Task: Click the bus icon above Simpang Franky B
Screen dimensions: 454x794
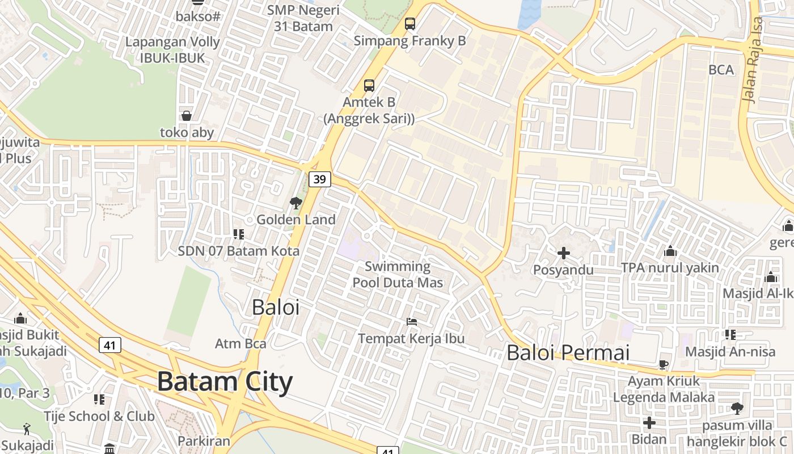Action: click(410, 24)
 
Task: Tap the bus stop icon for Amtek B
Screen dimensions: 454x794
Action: click(369, 86)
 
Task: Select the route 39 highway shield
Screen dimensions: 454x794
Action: click(320, 179)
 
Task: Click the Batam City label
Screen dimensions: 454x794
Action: click(225, 381)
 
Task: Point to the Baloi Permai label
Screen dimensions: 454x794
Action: click(568, 353)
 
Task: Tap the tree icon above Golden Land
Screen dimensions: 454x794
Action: click(295, 203)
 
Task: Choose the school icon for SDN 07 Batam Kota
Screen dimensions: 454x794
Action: click(239, 234)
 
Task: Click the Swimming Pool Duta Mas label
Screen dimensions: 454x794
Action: click(398, 274)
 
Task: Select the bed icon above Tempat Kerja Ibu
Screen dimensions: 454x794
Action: click(412, 322)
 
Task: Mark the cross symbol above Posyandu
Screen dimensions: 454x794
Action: click(563, 253)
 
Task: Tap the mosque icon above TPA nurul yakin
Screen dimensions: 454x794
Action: click(670, 251)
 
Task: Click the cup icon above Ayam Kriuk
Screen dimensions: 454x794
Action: click(664, 364)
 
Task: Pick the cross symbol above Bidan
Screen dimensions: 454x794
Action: click(649, 423)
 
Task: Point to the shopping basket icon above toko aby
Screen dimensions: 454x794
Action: click(187, 116)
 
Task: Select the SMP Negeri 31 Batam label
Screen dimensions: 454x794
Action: click(303, 18)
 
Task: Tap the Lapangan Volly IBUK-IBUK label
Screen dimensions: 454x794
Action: click(172, 49)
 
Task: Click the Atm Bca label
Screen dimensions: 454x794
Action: click(240, 343)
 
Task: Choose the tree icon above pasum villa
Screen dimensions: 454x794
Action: click(737, 408)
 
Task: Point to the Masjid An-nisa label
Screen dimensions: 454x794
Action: click(730, 352)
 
